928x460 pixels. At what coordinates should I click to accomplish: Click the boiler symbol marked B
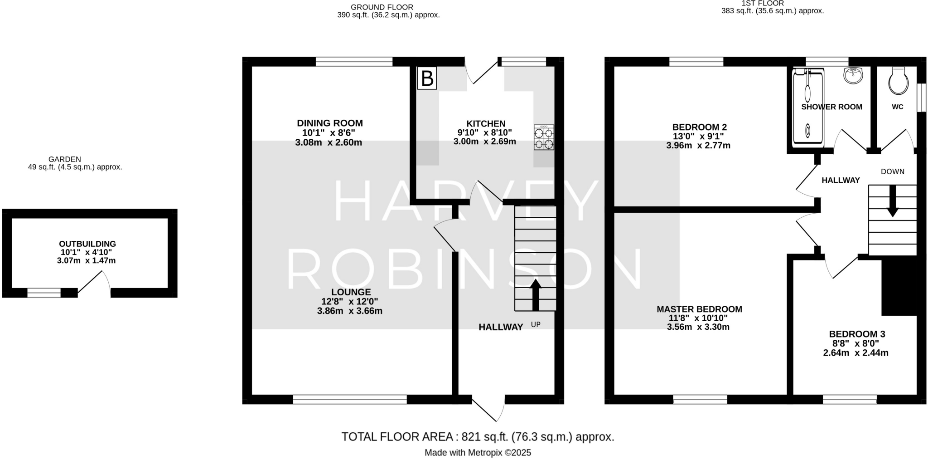(x=427, y=78)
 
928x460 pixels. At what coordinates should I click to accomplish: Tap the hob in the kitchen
(x=544, y=137)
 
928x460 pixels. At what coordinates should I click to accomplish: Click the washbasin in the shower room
(x=853, y=75)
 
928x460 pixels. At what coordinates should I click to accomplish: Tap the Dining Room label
(x=330, y=123)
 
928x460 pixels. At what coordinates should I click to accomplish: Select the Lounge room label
(x=351, y=292)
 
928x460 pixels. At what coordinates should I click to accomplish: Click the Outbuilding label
(x=87, y=244)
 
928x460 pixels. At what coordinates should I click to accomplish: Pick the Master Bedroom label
(x=699, y=309)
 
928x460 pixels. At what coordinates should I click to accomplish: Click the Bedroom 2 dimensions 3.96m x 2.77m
(x=698, y=146)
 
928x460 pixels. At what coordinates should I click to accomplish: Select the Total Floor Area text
(x=478, y=437)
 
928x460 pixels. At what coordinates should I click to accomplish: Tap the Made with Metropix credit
(x=478, y=453)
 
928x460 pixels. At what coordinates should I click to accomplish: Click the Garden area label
(x=65, y=159)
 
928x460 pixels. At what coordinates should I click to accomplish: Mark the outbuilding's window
(x=44, y=293)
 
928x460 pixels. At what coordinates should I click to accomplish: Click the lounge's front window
(x=350, y=399)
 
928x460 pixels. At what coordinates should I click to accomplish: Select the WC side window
(x=921, y=97)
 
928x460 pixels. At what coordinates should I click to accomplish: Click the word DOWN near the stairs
(x=893, y=171)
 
